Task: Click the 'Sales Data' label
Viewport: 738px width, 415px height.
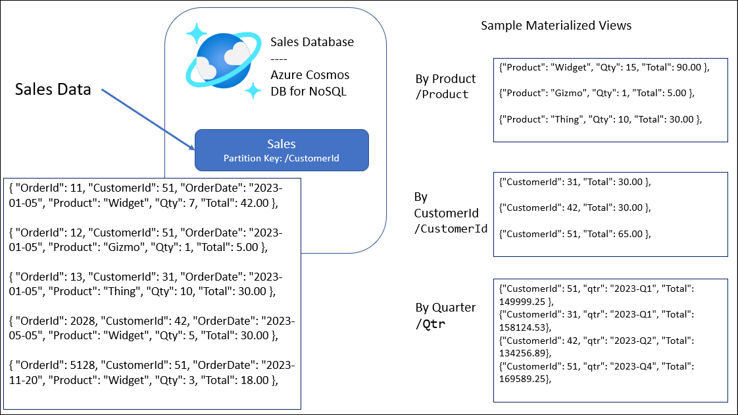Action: pos(53,90)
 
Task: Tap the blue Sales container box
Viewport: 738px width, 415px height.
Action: pos(281,150)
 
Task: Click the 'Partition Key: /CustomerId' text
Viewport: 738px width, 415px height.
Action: pos(281,158)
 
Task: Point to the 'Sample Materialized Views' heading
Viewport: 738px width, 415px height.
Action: pos(556,26)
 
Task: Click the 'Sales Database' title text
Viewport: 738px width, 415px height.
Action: pos(312,42)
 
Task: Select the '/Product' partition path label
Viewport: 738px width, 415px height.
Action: pos(441,94)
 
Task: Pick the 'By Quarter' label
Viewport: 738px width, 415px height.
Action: pos(445,308)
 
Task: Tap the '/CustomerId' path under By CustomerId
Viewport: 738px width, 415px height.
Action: pos(450,229)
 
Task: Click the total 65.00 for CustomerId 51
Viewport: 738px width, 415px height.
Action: pos(628,234)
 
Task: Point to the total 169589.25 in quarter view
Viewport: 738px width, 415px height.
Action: pos(524,379)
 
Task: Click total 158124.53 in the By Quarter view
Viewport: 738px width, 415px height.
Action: pos(524,327)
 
